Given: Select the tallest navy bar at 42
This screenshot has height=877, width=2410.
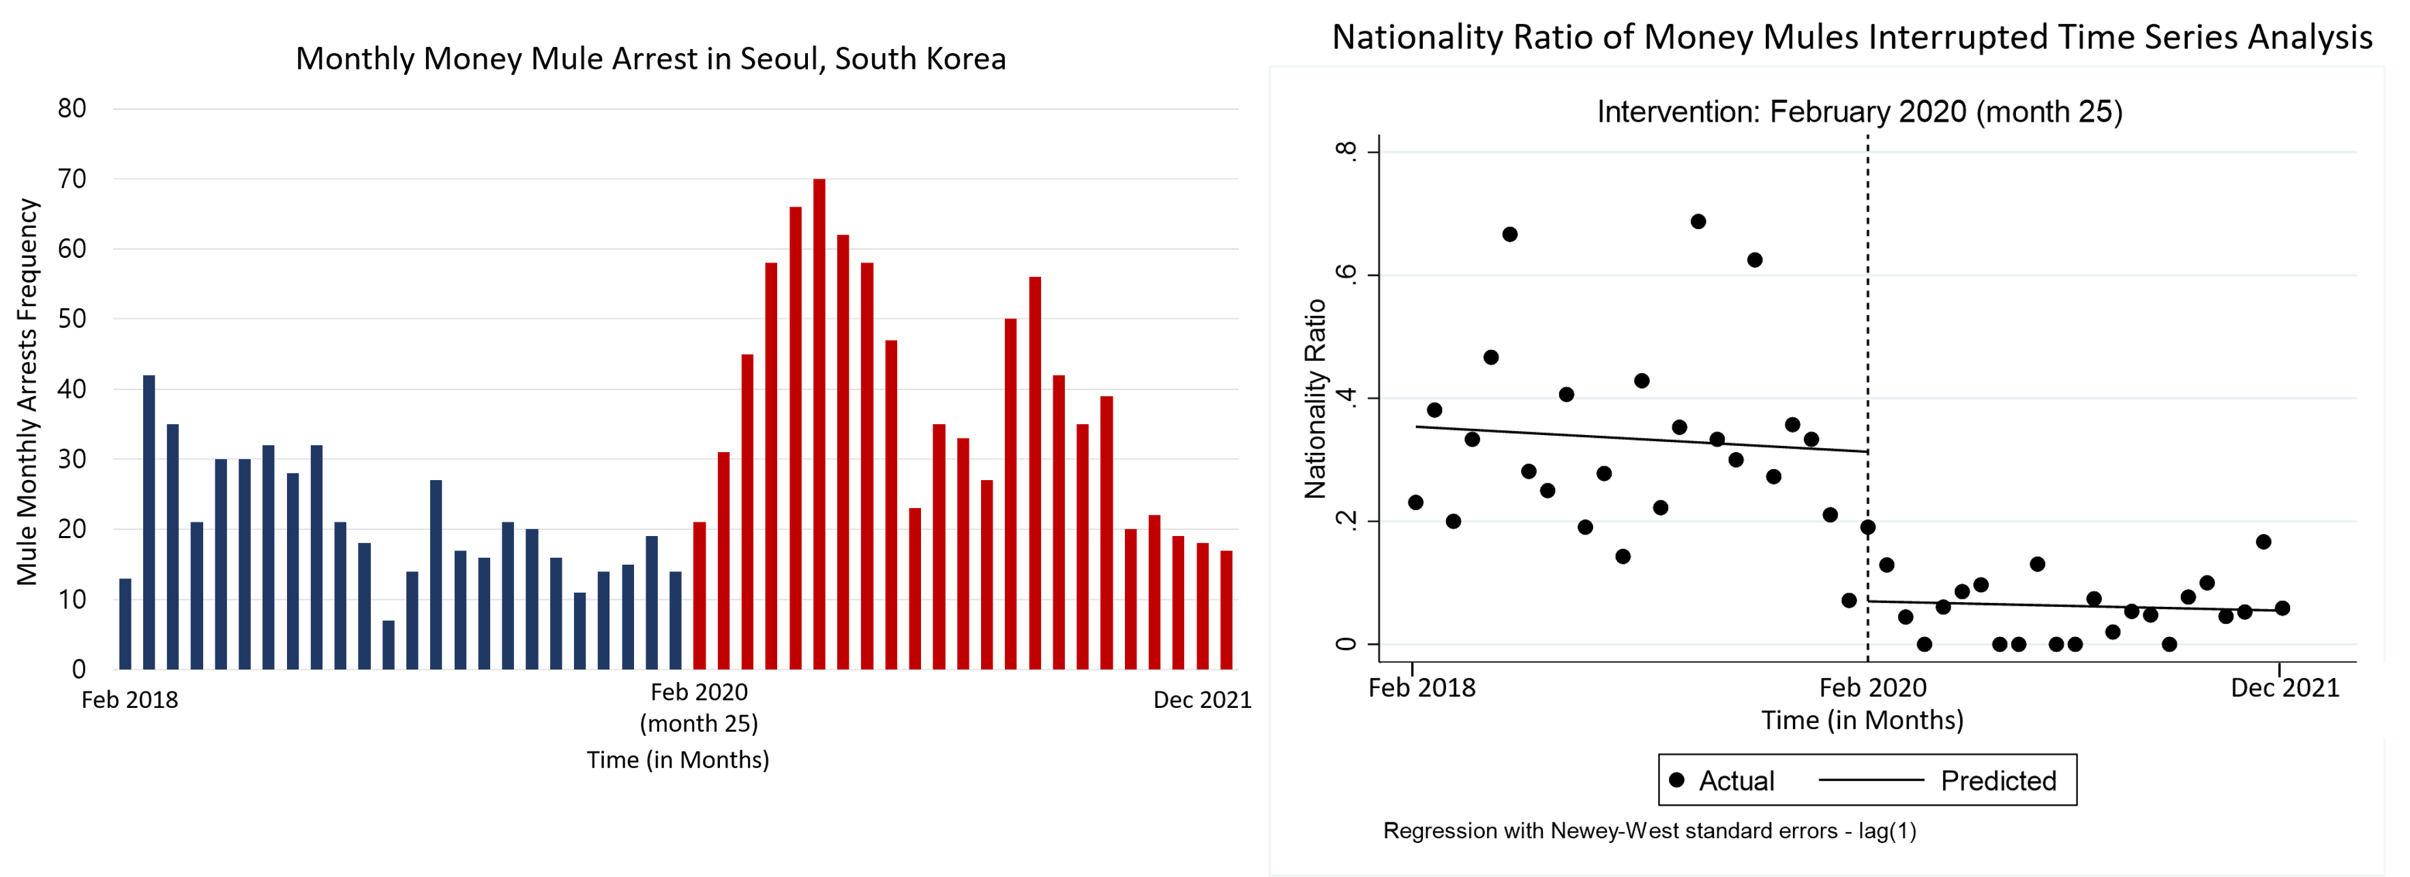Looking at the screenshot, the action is click(x=149, y=522).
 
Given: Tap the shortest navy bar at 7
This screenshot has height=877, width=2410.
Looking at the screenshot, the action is click(x=388, y=645).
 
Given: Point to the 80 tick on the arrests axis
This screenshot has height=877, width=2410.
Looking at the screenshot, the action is click(x=72, y=108).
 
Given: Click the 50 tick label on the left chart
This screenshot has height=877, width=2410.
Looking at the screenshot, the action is click(x=72, y=319).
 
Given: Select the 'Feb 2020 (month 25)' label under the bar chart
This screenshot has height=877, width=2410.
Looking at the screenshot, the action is click(x=699, y=708).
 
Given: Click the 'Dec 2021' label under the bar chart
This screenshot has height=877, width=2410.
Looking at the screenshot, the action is click(x=1202, y=700).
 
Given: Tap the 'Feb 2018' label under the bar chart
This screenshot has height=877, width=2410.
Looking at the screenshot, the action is click(x=130, y=700).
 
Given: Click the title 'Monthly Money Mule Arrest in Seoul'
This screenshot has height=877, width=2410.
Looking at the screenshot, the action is click(x=651, y=59).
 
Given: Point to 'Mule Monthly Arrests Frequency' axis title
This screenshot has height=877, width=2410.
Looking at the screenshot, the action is click(x=28, y=392).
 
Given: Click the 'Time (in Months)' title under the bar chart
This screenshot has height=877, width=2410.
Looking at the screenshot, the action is click(x=678, y=760).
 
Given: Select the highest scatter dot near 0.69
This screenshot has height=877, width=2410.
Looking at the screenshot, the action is click(x=1698, y=222).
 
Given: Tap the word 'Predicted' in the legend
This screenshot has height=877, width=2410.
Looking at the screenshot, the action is click(x=1998, y=781).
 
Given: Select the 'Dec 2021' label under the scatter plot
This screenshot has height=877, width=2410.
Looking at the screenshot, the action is click(x=2285, y=688).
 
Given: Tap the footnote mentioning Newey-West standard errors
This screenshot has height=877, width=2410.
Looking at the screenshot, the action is click(x=1649, y=831).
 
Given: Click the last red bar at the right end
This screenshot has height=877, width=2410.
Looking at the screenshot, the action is click(x=1226, y=610).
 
